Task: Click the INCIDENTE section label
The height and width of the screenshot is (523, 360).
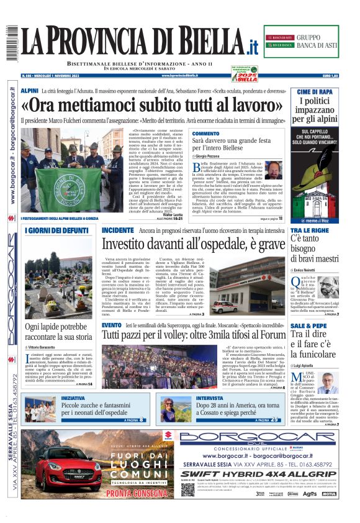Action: pyautogui.click(x=117, y=230)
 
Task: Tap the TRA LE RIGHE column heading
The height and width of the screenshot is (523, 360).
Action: pyautogui.click(x=308, y=230)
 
